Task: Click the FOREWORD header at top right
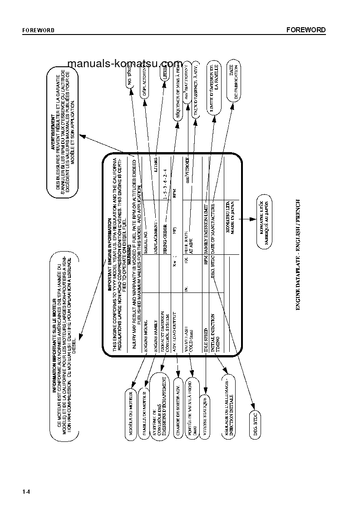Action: coord(306,30)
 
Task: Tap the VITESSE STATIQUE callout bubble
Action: coord(205,416)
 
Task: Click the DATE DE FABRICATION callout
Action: coord(233,80)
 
